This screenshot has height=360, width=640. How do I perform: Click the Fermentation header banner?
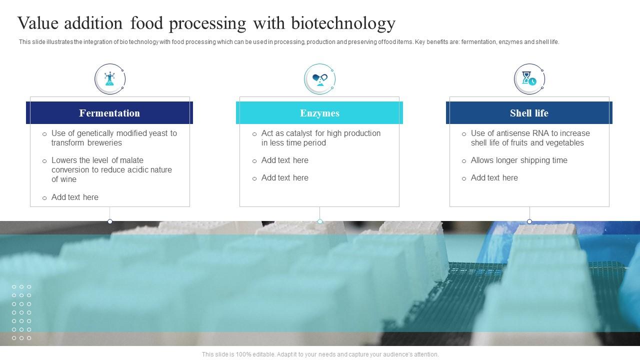pyautogui.click(x=109, y=113)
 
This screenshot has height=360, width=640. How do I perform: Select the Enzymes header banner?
pyautogui.click(x=319, y=113)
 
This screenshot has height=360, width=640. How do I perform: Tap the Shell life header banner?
pyautogui.click(x=529, y=113)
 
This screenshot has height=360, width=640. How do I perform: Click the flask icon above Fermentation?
pyautogui.click(x=109, y=78)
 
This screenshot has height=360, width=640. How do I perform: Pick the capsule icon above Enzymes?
pyautogui.click(x=319, y=78)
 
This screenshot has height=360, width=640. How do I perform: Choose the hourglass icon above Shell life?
pyautogui.click(x=529, y=78)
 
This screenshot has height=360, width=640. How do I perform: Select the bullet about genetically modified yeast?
pyautogui.click(x=114, y=138)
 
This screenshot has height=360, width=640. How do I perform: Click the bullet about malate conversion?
pyautogui.click(x=111, y=169)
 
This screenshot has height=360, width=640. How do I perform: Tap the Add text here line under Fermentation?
pyautogui.click(x=75, y=197)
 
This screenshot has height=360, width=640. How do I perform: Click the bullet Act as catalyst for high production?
pyautogui.click(x=320, y=138)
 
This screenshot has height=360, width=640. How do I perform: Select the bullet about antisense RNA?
pyautogui.click(x=530, y=138)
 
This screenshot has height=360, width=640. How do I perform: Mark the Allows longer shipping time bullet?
pyautogui.click(x=519, y=160)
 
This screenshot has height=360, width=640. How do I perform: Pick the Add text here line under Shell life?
pyautogui.click(x=494, y=177)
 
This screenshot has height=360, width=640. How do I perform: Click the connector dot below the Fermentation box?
pyautogui.click(x=110, y=221)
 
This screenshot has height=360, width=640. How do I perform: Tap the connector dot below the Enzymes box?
pyautogui.click(x=320, y=221)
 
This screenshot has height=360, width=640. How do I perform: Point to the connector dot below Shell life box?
pyautogui.click(x=529, y=221)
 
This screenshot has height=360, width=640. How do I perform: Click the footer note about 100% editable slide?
pyautogui.click(x=320, y=354)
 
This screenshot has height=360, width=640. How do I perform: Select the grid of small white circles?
pyautogui.click(x=21, y=312)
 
